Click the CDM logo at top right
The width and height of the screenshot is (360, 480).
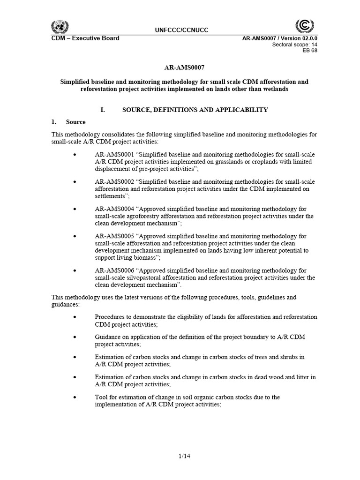click(305, 25)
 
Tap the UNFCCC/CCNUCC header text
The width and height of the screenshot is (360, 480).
click(181, 30)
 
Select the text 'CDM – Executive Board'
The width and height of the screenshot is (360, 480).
click(85, 38)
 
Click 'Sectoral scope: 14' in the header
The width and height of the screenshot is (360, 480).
click(294, 45)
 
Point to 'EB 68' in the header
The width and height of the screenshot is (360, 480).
click(311, 51)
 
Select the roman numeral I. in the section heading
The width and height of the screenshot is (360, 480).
click(103, 110)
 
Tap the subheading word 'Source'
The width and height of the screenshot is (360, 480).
click(76, 122)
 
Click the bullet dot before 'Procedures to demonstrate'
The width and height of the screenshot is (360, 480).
click(75, 317)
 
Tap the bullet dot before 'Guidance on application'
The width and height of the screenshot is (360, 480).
click(75, 337)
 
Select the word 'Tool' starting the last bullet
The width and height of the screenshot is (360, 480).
click(101, 397)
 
